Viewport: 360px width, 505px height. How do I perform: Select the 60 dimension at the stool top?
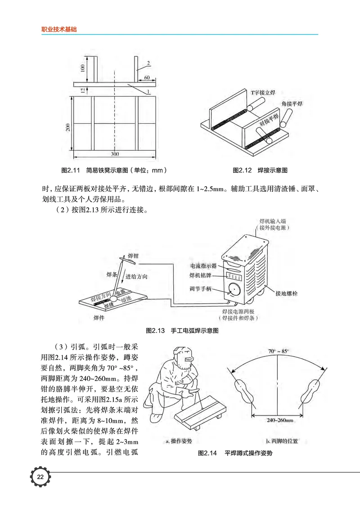[147, 78]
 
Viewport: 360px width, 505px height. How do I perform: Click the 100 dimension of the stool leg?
[82, 68]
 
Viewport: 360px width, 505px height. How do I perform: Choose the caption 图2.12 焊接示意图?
[260, 171]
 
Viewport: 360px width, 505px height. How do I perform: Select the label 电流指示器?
[203, 266]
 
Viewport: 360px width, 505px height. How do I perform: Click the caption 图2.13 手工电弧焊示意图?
[182, 330]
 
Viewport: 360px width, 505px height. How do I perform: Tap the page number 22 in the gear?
[40, 477]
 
